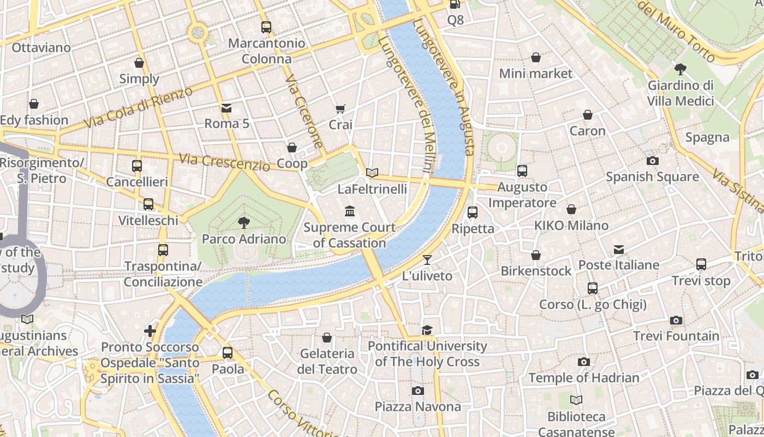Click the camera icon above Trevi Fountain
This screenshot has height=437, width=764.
pyautogui.click(x=676, y=320)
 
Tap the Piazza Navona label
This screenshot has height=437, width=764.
pyautogui.click(x=417, y=406)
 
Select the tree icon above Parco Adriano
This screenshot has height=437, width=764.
pyautogui.click(x=243, y=222)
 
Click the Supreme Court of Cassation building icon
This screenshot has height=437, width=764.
pyautogui.click(x=350, y=211)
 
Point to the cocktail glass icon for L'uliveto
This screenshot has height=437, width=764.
pyautogui.click(x=427, y=260)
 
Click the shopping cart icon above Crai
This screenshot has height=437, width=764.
pyautogui.click(x=341, y=109)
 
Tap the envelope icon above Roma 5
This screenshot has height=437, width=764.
pyautogui.click(x=226, y=108)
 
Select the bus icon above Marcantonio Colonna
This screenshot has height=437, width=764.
pyautogui.click(x=266, y=27)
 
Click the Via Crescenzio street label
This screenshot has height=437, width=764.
pyautogui.click(x=224, y=162)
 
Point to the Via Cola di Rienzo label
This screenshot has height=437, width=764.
pyautogui.click(x=139, y=108)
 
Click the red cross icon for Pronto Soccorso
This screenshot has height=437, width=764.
pyautogui.click(x=150, y=330)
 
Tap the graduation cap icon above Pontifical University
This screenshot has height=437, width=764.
pyautogui.click(x=427, y=330)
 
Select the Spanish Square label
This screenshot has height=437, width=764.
pyautogui.click(x=652, y=176)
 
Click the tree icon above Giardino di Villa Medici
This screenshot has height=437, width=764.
pyautogui.click(x=680, y=69)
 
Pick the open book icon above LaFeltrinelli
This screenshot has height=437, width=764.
pyautogui.click(x=372, y=173)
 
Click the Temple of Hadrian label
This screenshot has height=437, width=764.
pyautogui.click(x=583, y=377)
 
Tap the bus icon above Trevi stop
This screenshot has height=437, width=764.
pyautogui.click(x=701, y=264)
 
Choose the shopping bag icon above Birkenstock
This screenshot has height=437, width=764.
pyautogui.click(x=536, y=255)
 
